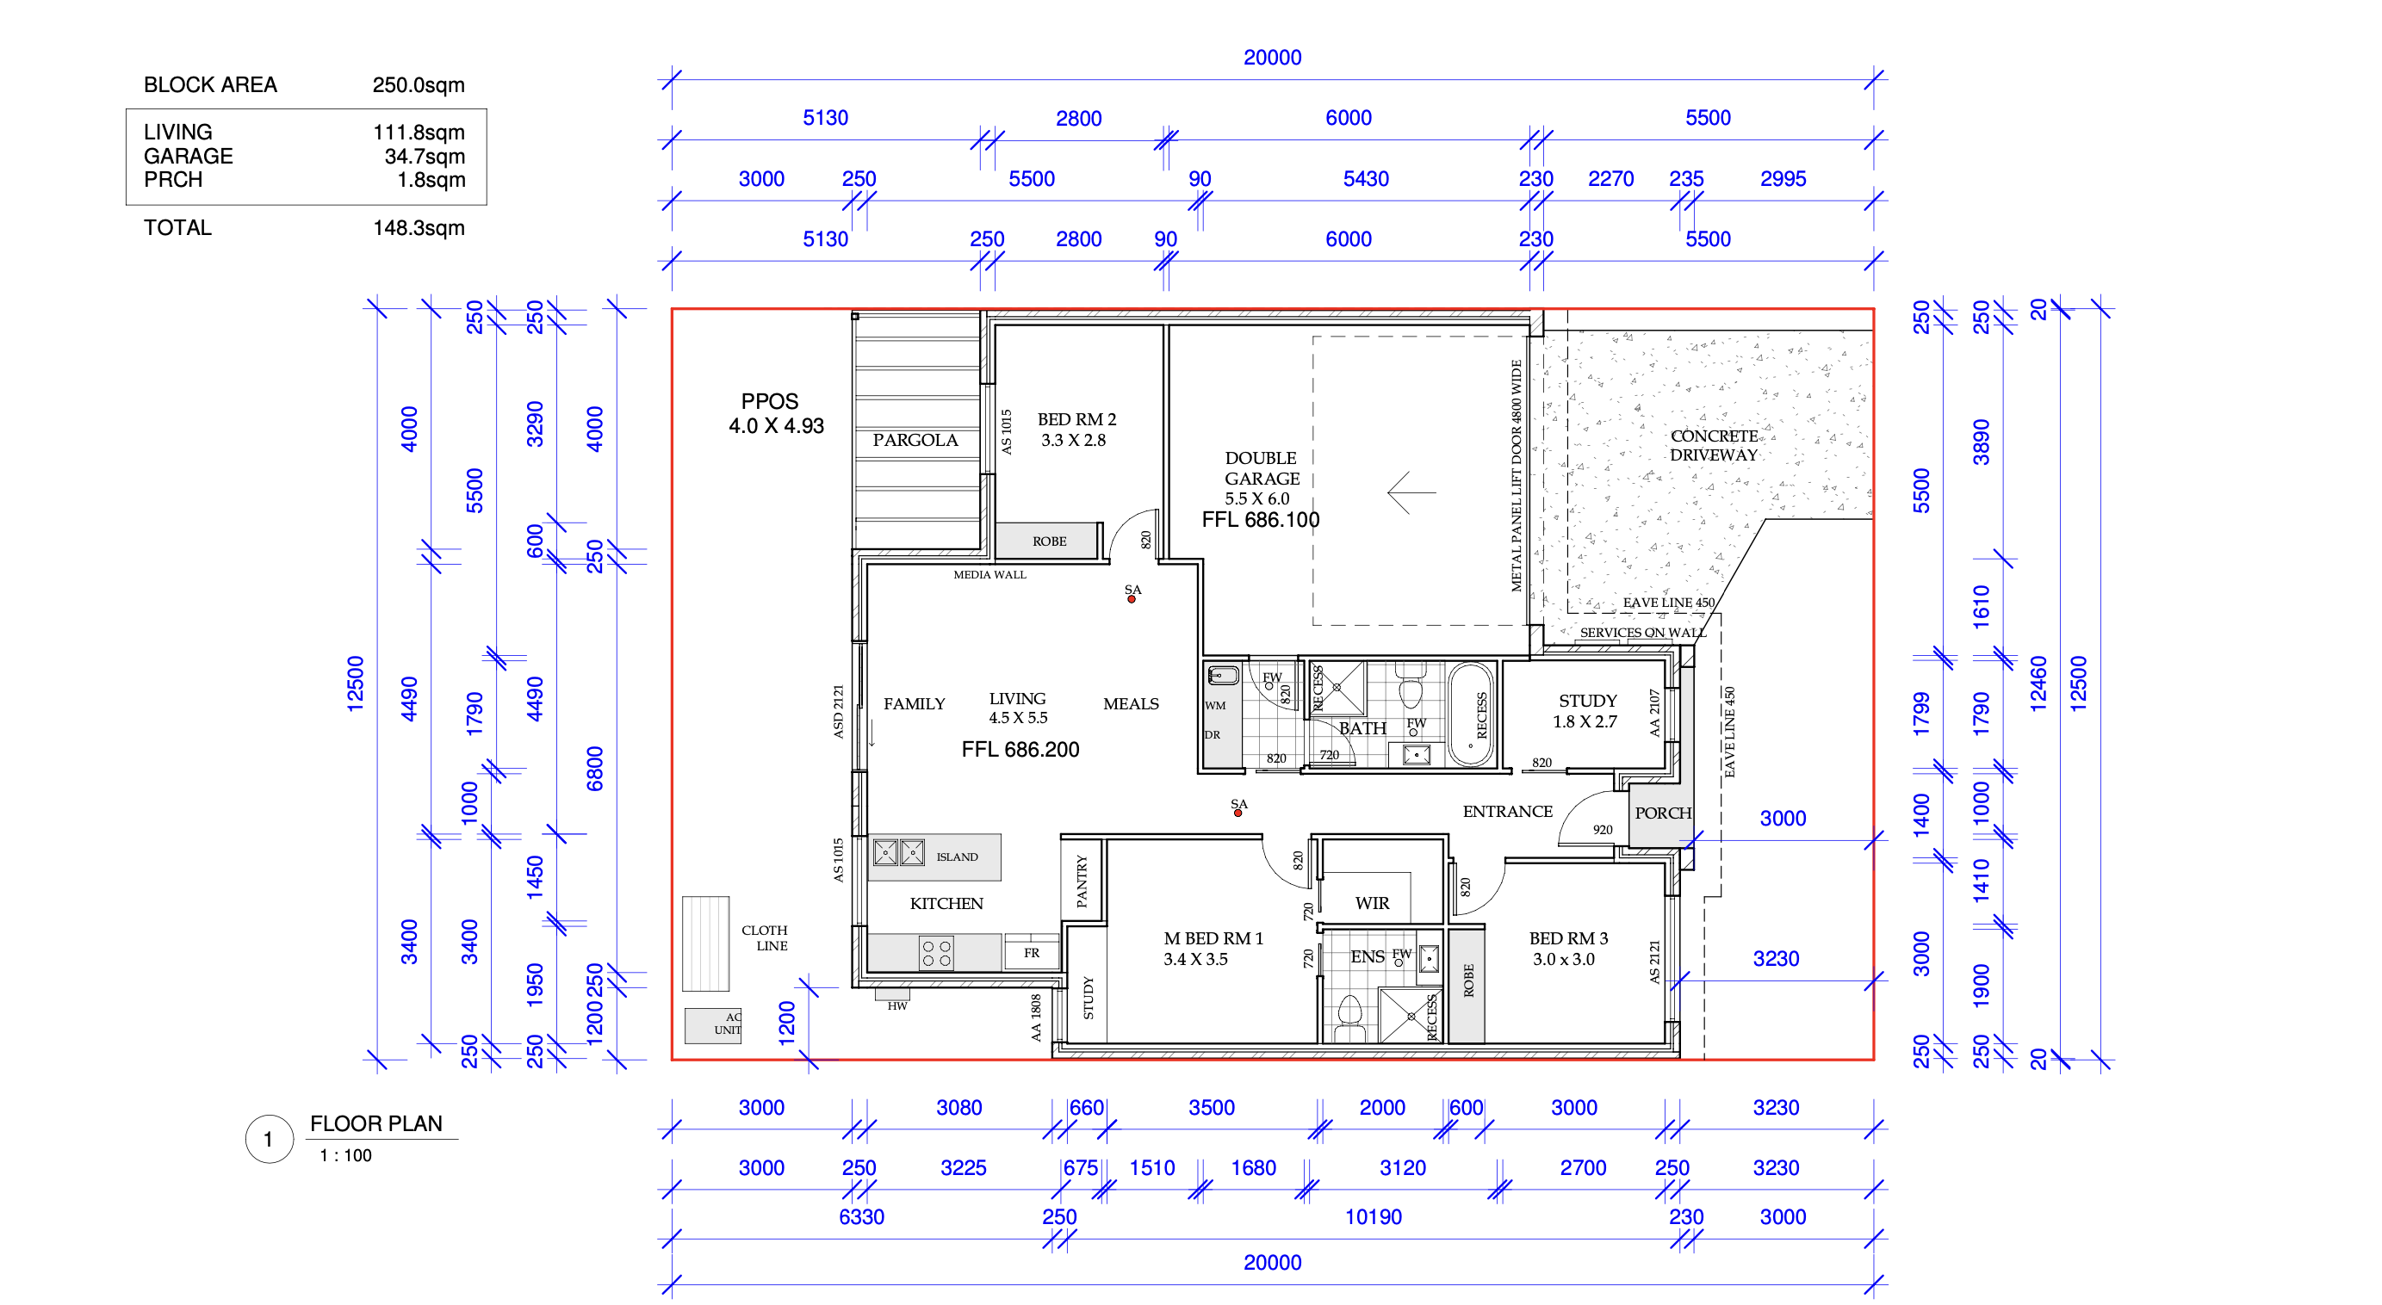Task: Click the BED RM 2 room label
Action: (1076, 419)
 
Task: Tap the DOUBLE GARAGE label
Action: (1262, 468)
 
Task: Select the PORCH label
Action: (1663, 813)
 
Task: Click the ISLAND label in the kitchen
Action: (957, 857)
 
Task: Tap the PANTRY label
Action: (1082, 881)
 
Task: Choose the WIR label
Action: (1372, 903)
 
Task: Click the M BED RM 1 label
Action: (1213, 938)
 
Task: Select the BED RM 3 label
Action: (1568, 938)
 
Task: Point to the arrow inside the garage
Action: (1411, 492)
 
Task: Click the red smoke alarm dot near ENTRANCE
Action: (1238, 813)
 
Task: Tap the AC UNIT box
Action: (712, 1025)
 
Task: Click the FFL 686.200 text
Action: (1020, 750)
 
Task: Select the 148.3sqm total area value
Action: (419, 228)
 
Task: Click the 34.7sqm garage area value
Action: (425, 156)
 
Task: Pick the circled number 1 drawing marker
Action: (269, 1140)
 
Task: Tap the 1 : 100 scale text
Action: (346, 1155)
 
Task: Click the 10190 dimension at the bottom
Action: (1374, 1217)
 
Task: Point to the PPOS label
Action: (769, 401)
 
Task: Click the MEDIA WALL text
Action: (989, 575)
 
